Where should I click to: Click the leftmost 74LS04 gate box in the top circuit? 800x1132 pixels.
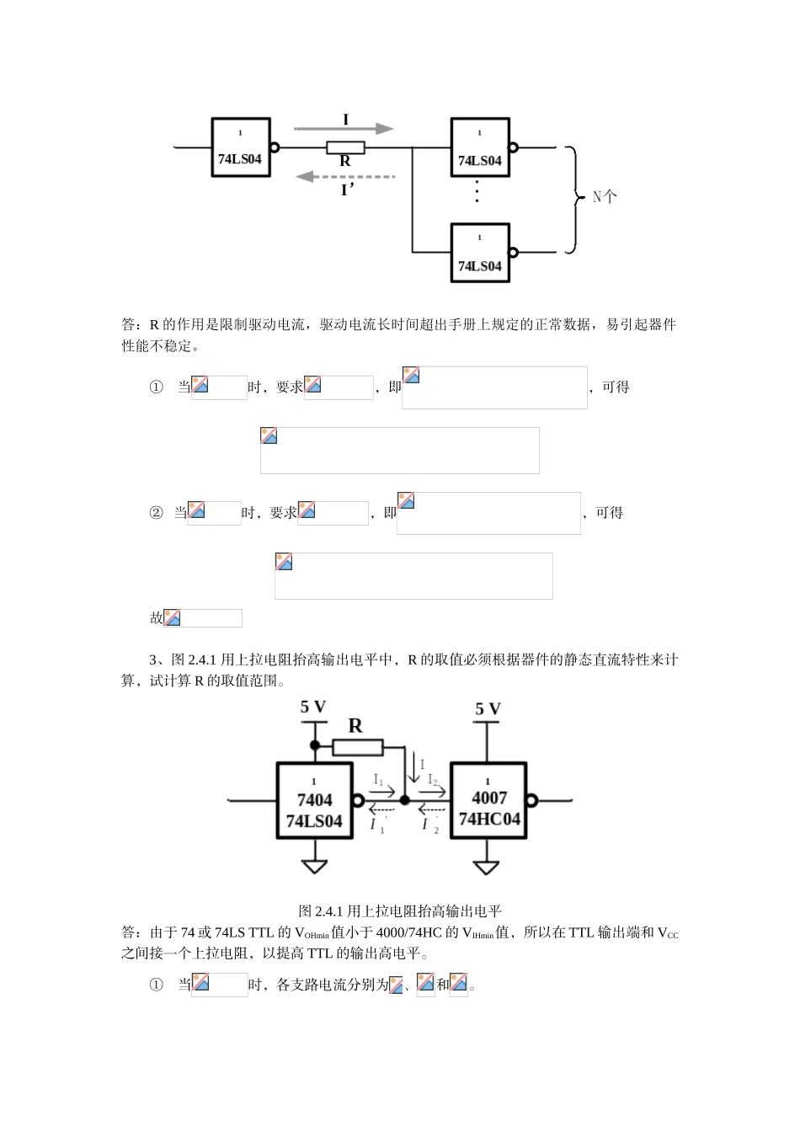(240, 147)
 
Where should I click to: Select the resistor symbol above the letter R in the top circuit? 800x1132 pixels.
(345, 148)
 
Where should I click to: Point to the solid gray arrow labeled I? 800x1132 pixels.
(344, 129)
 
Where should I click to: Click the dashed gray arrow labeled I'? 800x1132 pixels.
(345, 177)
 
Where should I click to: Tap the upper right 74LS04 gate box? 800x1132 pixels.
(480, 147)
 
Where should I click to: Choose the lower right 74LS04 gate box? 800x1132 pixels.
(480, 253)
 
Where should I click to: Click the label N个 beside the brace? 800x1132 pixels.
(605, 197)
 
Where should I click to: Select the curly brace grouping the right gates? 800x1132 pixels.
(574, 199)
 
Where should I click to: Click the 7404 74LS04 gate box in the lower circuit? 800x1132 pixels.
(314, 801)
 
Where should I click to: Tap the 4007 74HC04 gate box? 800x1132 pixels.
(488, 801)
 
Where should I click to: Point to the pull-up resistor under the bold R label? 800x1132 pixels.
(358, 746)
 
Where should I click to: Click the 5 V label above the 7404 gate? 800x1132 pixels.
(313, 707)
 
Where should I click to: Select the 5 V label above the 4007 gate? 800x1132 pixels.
(488, 709)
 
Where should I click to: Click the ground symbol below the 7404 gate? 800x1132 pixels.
(315, 867)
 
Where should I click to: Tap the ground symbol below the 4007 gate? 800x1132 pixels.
(487, 867)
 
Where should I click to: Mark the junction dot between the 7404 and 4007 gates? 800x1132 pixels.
(404, 799)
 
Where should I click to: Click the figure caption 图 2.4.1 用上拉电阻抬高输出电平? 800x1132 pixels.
(400, 910)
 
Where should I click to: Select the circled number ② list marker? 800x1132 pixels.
(156, 513)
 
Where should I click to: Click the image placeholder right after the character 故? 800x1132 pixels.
(203, 618)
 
